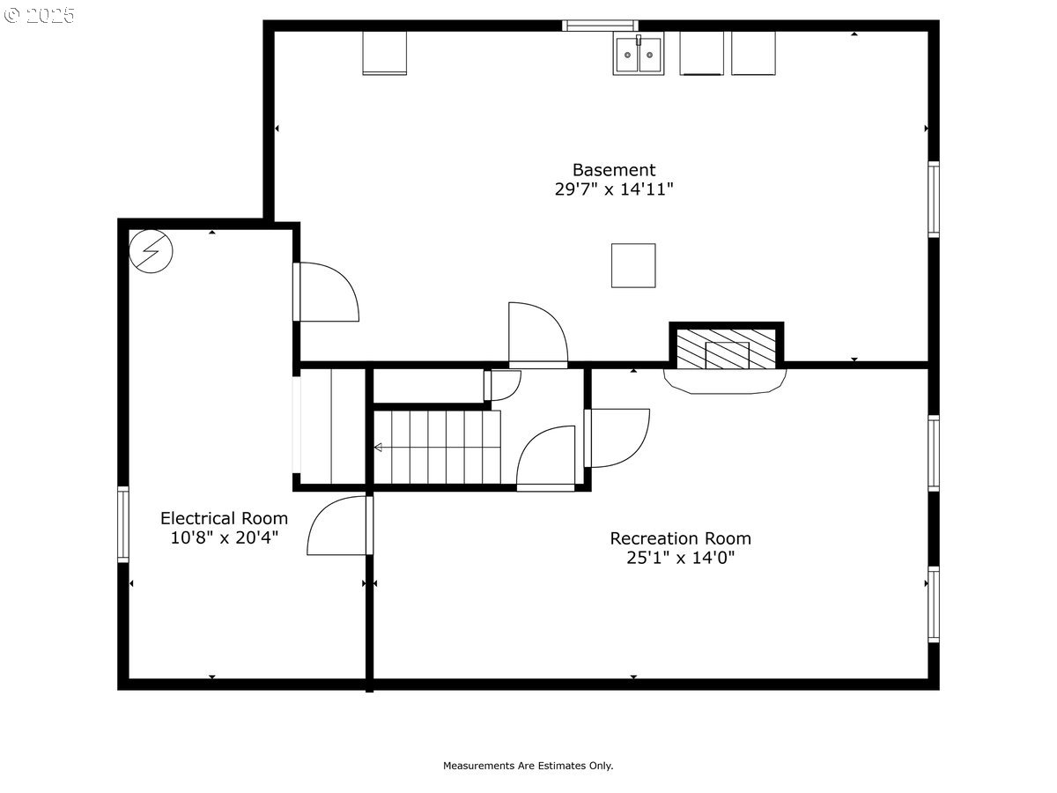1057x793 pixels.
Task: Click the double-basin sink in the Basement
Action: pyautogui.click(x=638, y=53)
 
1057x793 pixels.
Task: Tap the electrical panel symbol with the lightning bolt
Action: pyautogui.click(x=151, y=251)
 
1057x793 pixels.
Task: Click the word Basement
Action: pyautogui.click(x=614, y=170)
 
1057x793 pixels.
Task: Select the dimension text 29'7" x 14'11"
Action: pyautogui.click(x=614, y=189)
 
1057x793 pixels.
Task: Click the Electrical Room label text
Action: pyautogui.click(x=225, y=518)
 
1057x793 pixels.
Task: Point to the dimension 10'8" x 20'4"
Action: pyautogui.click(x=225, y=537)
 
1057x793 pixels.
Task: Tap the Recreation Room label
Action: pyautogui.click(x=680, y=538)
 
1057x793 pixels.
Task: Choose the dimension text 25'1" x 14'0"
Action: pyautogui.click(x=680, y=558)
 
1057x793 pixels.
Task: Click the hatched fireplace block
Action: pyautogui.click(x=726, y=349)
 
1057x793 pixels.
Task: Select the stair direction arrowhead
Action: pyautogui.click(x=378, y=448)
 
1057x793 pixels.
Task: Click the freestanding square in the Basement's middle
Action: pyautogui.click(x=633, y=265)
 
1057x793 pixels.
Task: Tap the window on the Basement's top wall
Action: pyautogui.click(x=600, y=26)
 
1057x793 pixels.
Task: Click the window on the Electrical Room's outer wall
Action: pyautogui.click(x=123, y=524)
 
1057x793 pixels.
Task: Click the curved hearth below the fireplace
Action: pyautogui.click(x=725, y=382)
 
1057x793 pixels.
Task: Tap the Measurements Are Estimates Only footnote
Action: pyautogui.click(x=528, y=766)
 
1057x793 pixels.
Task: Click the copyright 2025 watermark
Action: pyautogui.click(x=40, y=15)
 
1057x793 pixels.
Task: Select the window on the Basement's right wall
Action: pyautogui.click(x=934, y=199)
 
